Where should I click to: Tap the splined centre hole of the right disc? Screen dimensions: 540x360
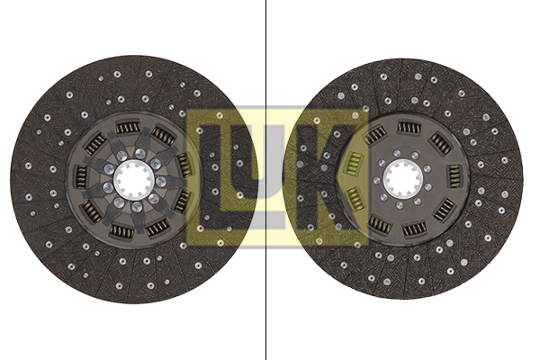[403, 178]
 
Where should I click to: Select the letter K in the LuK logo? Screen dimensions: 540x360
[328, 176]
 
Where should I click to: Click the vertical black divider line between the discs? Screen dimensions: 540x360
[265, 180]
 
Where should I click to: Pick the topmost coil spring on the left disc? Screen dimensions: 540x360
[128, 128]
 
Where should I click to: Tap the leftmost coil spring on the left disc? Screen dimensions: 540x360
[81, 177]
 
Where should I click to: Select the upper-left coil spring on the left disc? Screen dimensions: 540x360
[95, 144]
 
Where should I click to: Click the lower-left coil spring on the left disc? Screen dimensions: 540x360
[92, 211]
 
